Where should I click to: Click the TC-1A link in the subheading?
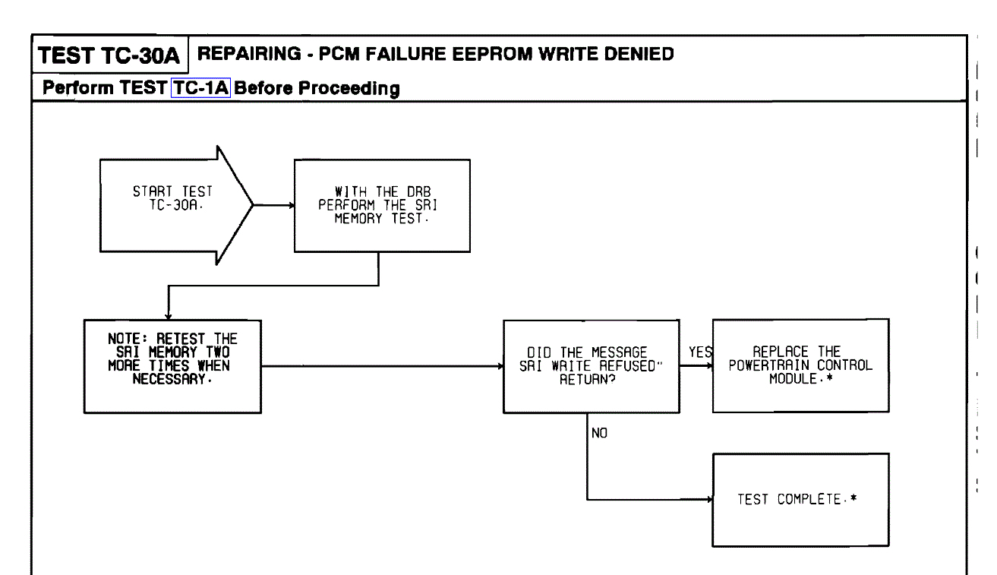coord(200,88)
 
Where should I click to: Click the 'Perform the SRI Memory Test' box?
coord(381,204)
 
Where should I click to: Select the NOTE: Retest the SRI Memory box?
coord(172,366)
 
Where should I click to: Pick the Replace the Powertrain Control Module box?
coord(800,365)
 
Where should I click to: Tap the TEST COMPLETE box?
coord(800,500)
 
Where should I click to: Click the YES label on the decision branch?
coord(699,352)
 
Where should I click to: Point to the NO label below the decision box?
coord(599,434)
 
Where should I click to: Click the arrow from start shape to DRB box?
coord(273,205)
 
